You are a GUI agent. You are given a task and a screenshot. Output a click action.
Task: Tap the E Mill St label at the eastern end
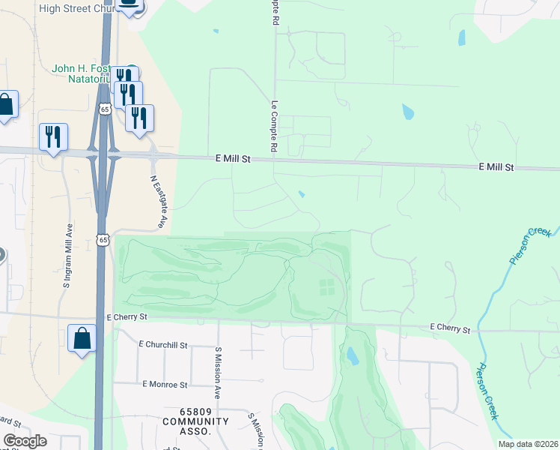[496, 167]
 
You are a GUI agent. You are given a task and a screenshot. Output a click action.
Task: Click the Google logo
[25, 441]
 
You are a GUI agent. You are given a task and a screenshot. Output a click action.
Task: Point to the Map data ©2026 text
[527, 444]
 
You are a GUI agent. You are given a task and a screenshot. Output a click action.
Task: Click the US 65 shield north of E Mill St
[104, 109]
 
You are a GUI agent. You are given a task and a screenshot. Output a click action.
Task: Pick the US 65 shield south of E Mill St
[103, 239]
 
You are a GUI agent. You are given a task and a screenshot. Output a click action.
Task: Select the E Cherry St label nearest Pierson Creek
[450, 328]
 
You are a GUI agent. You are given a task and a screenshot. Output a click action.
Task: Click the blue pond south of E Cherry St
[351, 354]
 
